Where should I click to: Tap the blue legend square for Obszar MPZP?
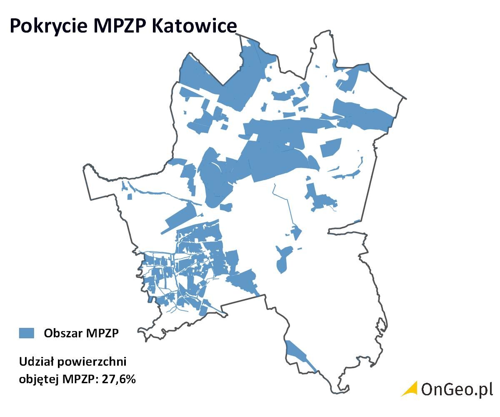coord(26,333)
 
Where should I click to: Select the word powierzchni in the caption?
coord(90,362)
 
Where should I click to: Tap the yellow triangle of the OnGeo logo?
coord(410,389)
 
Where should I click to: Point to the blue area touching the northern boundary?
coord(250,67)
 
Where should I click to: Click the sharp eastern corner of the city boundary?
coord(405,99)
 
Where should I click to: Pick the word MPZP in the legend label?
coord(102,333)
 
